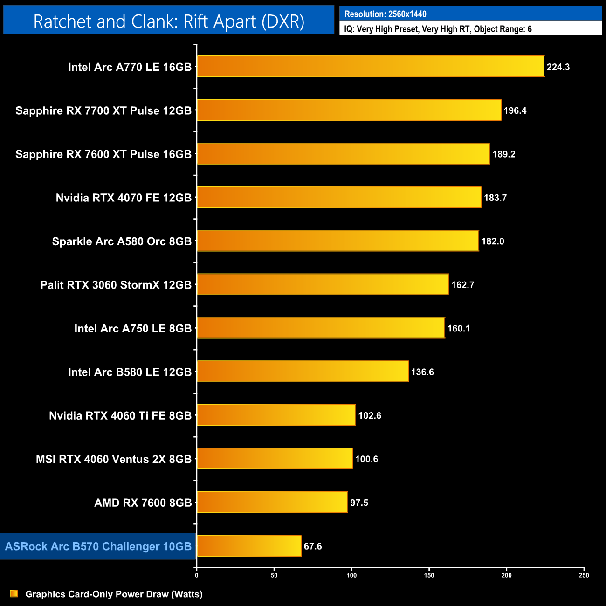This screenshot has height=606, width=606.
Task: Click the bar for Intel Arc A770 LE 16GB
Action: click(x=371, y=67)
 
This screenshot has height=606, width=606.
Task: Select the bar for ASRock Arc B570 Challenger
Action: click(x=249, y=546)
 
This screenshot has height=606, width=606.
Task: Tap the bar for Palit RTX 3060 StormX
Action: click(x=323, y=284)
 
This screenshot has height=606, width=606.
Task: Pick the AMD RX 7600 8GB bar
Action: click(x=272, y=502)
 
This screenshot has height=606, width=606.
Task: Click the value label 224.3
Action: click(x=558, y=67)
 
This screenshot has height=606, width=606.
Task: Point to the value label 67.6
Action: click(x=313, y=546)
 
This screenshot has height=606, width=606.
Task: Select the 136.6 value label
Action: click(x=422, y=372)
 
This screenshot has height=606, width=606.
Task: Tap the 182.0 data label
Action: click(x=493, y=241)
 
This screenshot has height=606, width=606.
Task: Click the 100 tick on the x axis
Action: click(x=351, y=575)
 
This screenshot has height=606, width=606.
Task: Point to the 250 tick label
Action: click(x=584, y=575)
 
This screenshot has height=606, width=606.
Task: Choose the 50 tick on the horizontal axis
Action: click(x=274, y=575)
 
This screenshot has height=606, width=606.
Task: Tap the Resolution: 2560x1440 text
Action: click(x=385, y=14)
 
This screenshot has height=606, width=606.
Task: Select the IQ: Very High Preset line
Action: click(x=438, y=29)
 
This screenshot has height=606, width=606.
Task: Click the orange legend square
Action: click(x=14, y=594)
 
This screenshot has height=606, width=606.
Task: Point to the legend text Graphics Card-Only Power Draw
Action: click(x=114, y=594)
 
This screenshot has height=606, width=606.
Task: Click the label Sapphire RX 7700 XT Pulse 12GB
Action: click(x=103, y=110)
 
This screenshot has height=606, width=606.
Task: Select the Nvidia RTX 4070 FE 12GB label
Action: click(x=124, y=198)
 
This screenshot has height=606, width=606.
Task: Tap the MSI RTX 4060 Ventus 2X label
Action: click(x=114, y=459)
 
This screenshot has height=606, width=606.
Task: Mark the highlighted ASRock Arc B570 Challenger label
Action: click(x=98, y=546)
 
